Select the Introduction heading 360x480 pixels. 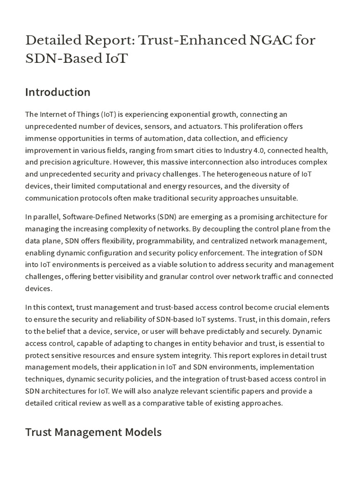tap(58, 92)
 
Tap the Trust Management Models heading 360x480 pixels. tap(93, 432)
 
